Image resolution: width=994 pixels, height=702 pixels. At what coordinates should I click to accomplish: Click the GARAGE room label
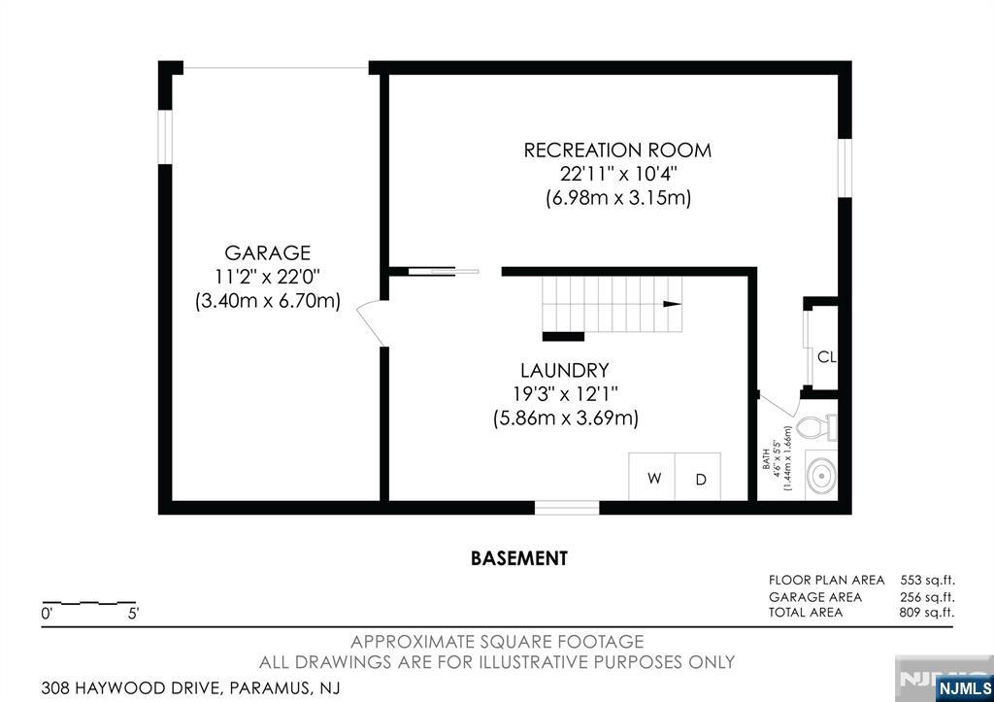268,253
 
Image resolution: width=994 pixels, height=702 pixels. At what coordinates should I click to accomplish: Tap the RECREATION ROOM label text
617,150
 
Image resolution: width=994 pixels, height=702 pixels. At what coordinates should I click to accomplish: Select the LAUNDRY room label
565,370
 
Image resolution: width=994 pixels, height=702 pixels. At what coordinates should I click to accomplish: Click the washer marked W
651,477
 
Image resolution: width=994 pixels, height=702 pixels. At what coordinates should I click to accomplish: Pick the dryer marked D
698,477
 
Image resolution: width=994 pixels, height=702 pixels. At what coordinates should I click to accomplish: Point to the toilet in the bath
816,427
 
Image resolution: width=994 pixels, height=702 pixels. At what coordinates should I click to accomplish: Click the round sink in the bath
821,475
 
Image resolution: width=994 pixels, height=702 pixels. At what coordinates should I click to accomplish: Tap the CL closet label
827,357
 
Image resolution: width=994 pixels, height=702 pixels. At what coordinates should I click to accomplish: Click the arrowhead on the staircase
672,304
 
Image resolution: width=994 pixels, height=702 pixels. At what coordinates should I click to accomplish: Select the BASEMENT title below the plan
519,558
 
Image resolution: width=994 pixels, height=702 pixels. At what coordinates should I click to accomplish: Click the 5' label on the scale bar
133,614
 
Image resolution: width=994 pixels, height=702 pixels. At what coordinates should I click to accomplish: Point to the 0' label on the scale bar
47,614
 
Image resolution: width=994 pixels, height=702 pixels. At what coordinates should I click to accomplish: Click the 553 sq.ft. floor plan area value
927,581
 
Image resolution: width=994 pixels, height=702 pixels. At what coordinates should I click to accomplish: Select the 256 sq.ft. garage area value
927,597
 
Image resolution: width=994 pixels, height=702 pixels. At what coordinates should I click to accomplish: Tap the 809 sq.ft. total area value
927,613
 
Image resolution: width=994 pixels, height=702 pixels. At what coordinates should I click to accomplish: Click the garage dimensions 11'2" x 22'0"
268,277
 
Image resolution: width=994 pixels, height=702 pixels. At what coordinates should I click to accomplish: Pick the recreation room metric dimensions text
618,198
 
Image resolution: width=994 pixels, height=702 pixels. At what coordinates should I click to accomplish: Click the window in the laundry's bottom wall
567,507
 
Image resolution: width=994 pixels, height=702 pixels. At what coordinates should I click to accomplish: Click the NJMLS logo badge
964,688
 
